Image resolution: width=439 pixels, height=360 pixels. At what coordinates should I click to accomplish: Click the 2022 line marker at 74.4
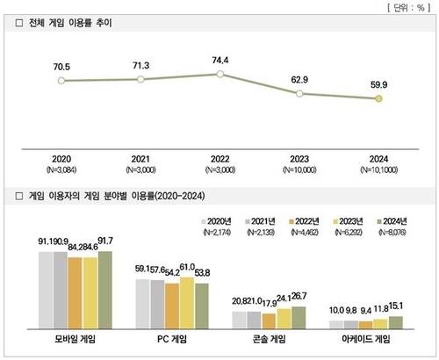click(220, 75)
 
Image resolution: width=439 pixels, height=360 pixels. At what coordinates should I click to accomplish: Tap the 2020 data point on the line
click(61, 81)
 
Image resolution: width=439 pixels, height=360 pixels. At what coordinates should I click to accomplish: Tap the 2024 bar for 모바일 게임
click(105, 289)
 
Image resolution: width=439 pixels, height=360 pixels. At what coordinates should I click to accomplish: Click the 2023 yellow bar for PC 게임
click(186, 301)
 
